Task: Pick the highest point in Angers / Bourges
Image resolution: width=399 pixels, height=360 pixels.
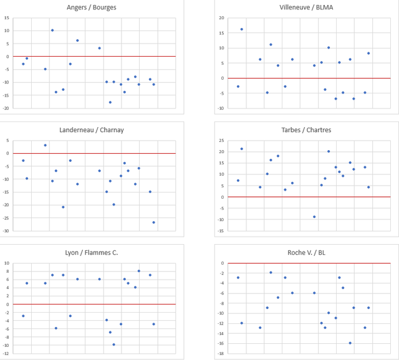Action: (52, 30)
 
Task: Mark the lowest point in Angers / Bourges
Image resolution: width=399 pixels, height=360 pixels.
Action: (110, 102)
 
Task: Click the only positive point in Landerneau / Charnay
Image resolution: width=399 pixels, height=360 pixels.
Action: (45, 145)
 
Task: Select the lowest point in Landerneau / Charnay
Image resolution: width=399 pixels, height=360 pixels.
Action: (154, 222)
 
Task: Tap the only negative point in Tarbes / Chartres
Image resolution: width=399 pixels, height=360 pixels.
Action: (314, 217)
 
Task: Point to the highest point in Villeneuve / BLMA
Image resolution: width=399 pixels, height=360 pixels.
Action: (242, 29)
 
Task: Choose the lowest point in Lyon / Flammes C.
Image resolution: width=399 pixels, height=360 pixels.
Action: (113, 344)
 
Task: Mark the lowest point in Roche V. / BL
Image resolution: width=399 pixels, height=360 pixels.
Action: (350, 343)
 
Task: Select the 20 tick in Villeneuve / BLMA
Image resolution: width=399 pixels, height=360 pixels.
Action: (221, 18)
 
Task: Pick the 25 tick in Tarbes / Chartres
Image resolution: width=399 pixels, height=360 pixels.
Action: (221, 140)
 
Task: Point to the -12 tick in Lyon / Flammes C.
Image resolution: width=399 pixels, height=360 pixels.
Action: (6, 353)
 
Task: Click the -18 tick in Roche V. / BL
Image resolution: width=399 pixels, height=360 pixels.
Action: (221, 353)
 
